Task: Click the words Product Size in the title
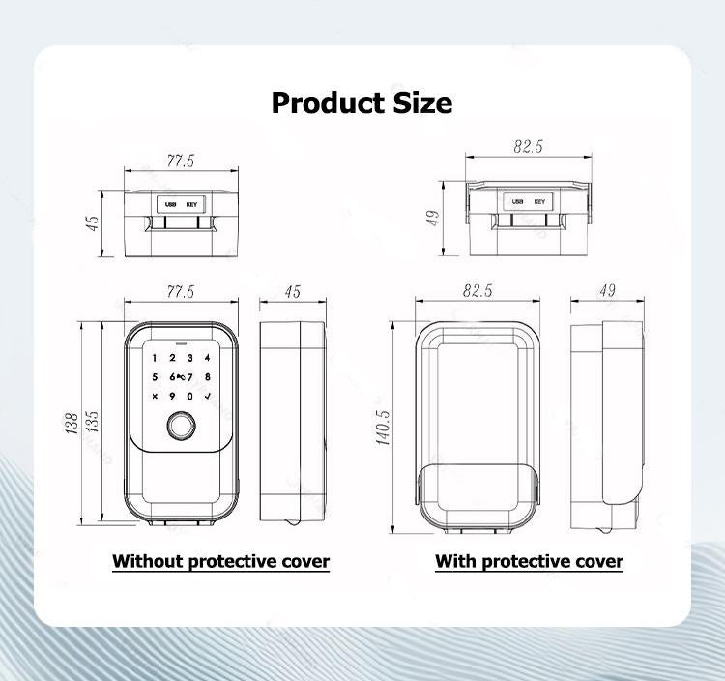(362, 103)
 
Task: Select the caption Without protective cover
(220, 561)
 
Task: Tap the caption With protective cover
(529, 561)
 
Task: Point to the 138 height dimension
(72, 424)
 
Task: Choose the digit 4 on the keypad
(207, 359)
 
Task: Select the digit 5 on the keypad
(155, 377)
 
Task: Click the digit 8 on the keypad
(207, 377)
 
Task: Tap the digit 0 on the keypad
(190, 396)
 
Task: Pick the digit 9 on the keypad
(172, 396)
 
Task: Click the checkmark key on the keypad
(207, 396)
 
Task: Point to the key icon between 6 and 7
(181, 377)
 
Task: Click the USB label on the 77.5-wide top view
(170, 204)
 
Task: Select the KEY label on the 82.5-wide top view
(539, 202)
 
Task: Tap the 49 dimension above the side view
(608, 291)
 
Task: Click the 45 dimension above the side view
(293, 291)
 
